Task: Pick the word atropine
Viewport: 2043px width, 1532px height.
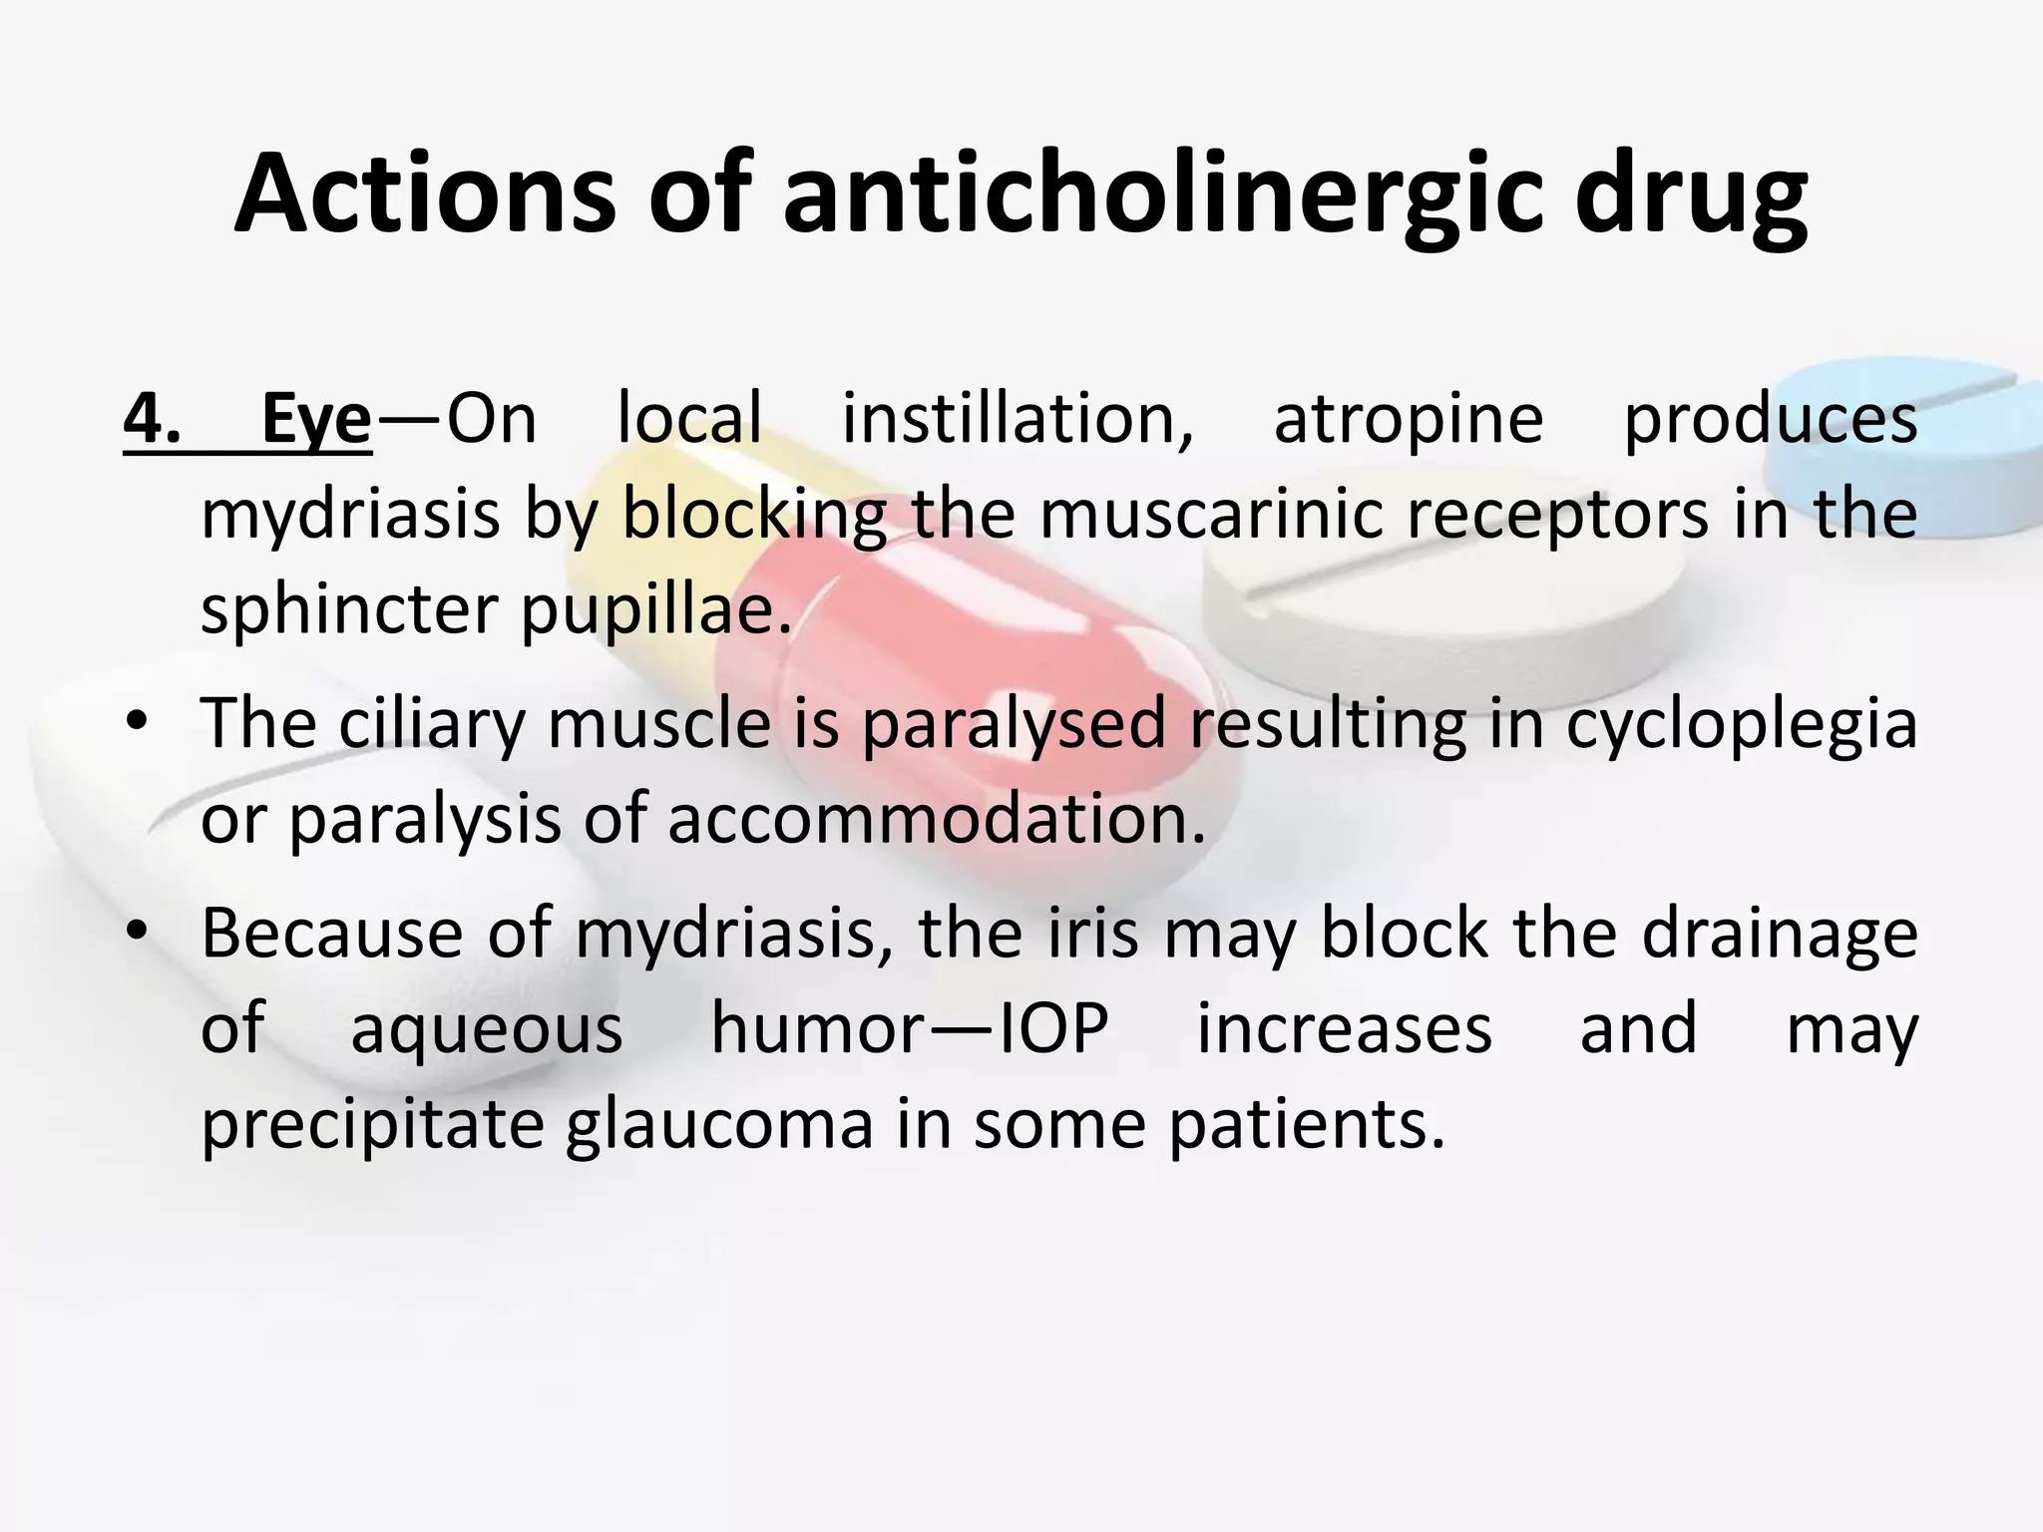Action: pyautogui.click(x=1408, y=420)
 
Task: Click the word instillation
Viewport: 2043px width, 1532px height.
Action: pyautogui.click(x=1018, y=420)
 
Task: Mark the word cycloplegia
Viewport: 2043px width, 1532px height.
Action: pyautogui.click(x=1741, y=722)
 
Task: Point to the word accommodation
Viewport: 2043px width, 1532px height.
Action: pyautogui.click(x=936, y=817)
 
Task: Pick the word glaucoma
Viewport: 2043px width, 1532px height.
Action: pyautogui.click(x=719, y=1124)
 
